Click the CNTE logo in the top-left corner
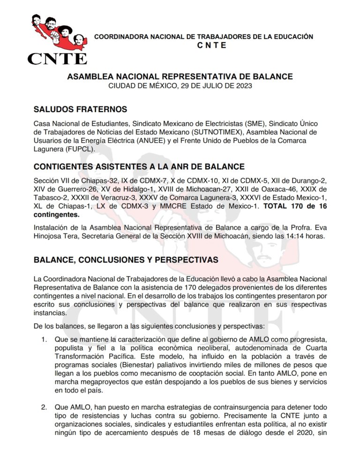(x=57, y=38)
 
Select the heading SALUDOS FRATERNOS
(x=80, y=109)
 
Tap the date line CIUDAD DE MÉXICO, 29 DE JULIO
(x=180, y=86)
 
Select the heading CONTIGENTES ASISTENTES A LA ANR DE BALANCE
(x=139, y=166)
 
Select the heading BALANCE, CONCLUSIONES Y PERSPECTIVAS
(x=126, y=260)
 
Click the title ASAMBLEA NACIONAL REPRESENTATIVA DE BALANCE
(x=180, y=76)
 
